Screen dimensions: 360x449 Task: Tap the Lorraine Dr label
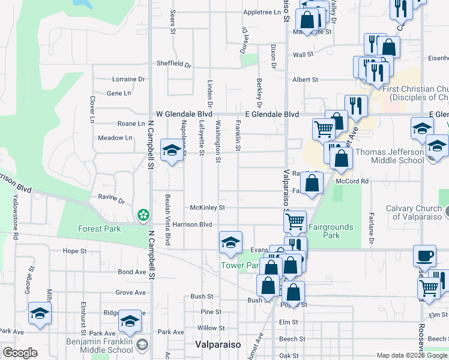pos(129,79)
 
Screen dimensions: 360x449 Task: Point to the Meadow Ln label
pos(115,138)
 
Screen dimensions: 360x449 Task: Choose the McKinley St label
pos(207,208)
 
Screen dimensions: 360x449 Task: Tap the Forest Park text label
pos(100,229)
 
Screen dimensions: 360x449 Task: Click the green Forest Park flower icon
pos(143,214)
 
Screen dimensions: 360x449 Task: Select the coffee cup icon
pos(425,254)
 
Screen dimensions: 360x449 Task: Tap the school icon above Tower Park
pos(231,242)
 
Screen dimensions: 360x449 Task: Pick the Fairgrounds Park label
pos(331,232)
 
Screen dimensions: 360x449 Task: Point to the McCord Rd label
pos(352,181)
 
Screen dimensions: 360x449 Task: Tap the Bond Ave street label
pos(132,272)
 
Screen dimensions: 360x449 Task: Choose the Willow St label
pos(211,328)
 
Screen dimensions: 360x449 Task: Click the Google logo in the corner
pos(20,353)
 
